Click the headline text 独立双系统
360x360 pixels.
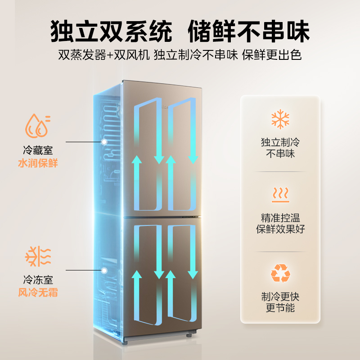(110, 31)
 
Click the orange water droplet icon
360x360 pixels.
(37, 126)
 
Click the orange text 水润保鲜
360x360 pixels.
(38, 163)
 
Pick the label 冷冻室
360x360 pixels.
(38, 280)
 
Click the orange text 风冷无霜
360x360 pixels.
(38, 292)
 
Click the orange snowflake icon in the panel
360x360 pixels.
(280, 119)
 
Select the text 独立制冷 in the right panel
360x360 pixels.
(280, 143)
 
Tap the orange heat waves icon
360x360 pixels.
(280, 195)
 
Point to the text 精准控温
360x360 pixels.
(280, 218)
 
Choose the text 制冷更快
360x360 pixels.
(280, 297)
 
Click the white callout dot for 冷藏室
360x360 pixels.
(104, 141)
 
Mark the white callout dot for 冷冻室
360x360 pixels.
(104, 270)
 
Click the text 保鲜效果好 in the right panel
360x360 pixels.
(280, 229)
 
